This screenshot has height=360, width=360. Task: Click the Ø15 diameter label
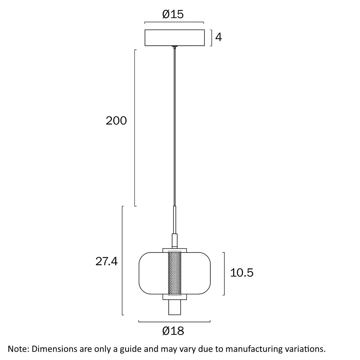click(x=173, y=14)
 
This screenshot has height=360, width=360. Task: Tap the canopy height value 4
click(x=218, y=37)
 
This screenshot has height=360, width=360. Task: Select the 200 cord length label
click(x=116, y=121)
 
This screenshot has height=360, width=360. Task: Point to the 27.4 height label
click(x=107, y=262)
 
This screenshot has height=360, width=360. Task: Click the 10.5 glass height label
click(x=242, y=273)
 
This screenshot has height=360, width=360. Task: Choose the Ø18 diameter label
click(x=173, y=331)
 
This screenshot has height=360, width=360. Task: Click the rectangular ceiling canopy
click(x=174, y=38)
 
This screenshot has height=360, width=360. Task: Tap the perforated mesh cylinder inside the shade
click(x=174, y=273)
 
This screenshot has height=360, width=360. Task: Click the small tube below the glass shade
click(x=174, y=308)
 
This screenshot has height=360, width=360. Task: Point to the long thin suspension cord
click(x=174, y=126)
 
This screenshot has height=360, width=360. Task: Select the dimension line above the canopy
click(x=174, y=22)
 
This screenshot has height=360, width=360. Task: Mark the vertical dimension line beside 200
click(x=135, y=128)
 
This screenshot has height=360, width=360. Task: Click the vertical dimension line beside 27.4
click(x=122, y=260)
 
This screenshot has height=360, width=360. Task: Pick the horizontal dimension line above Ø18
click(x=174, y=322)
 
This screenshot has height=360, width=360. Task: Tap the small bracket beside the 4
click(x=212, y=38)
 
